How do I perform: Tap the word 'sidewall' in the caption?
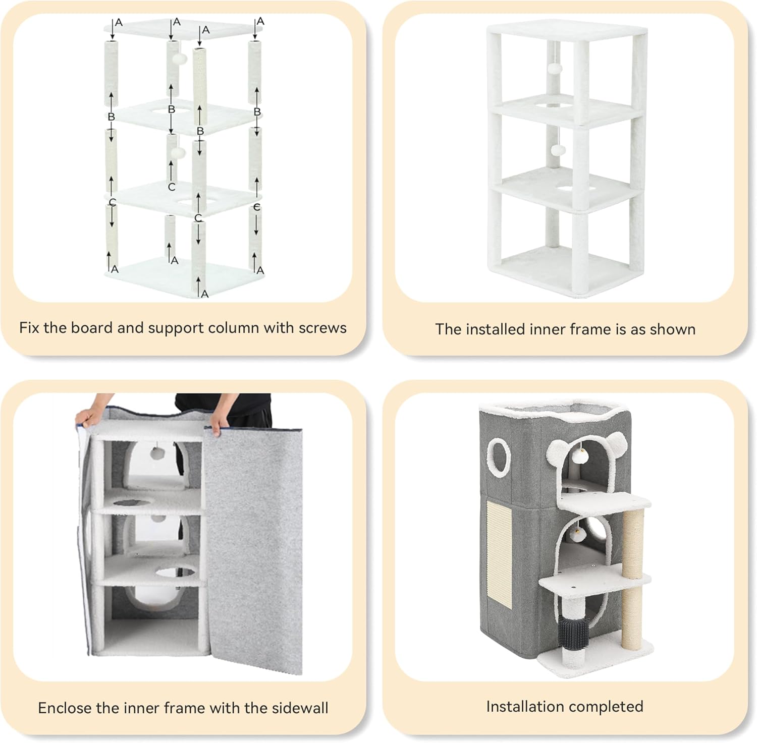coord(300,708)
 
